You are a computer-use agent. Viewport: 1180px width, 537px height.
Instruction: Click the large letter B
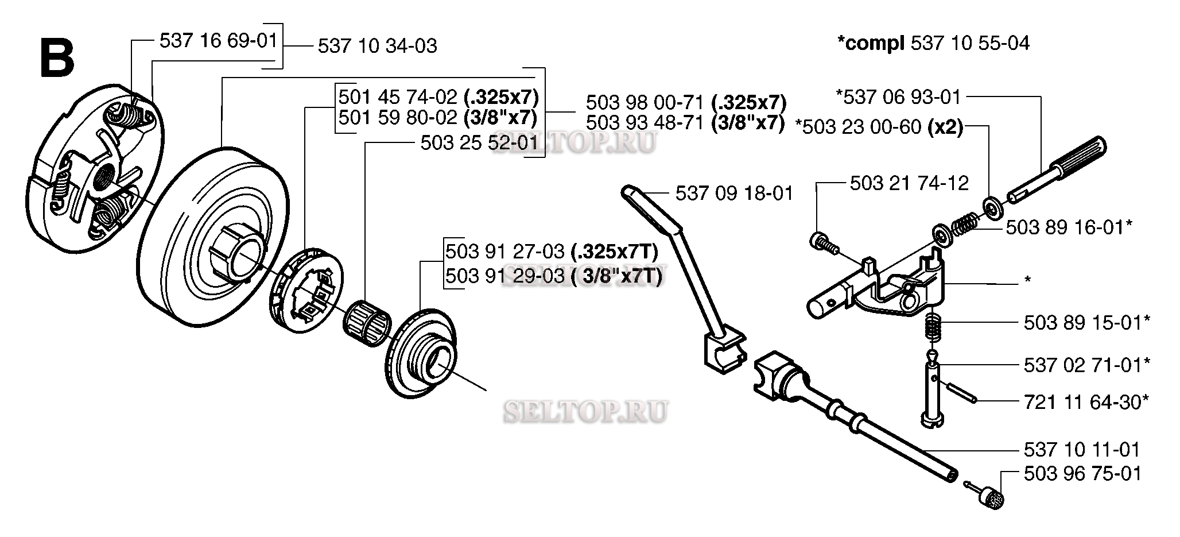coord(57,58)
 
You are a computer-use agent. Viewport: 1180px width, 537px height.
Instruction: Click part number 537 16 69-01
coord(218,40)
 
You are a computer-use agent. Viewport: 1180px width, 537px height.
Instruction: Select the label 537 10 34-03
coord(378,46)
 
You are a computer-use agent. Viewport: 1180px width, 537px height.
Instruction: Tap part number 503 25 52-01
coord(480,142)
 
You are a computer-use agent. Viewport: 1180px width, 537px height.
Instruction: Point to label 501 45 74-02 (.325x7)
coord(438,96)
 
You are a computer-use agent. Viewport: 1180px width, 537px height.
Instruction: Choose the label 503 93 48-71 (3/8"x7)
coord(685,123)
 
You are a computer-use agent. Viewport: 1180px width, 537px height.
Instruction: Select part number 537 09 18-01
coord(735,193)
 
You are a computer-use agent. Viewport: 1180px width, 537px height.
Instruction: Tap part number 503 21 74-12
coord(909,183)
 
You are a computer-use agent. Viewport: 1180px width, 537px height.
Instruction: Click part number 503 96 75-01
coord(1083,473)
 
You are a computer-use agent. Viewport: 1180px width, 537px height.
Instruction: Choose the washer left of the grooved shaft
coord(992,206)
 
